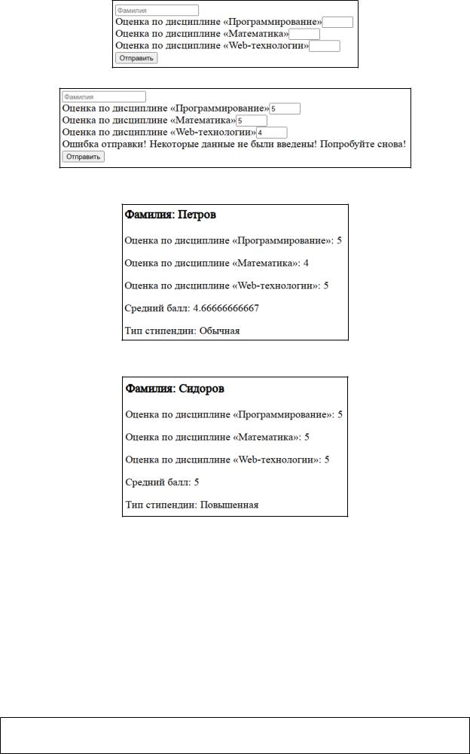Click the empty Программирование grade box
click(337, 23)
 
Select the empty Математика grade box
click(304, 34)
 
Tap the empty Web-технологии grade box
click(325, 47)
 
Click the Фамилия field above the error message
click(103, 97)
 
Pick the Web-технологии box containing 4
click(271, 133)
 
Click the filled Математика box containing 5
click(252, 121)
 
